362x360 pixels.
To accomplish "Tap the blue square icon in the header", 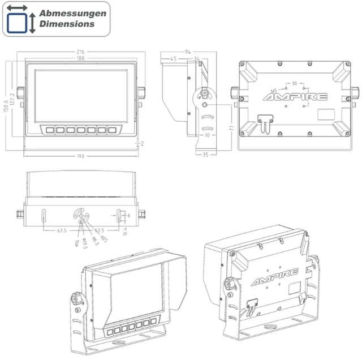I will tap(17, 23).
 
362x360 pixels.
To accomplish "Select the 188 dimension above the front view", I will tap(81, 58).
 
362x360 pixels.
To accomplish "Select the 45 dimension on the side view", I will tap(173, 59).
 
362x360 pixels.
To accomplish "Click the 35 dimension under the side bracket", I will tap(205, 154).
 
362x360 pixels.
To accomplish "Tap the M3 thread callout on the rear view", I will tap(274, 90).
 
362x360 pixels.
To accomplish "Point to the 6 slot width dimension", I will tap(128, 216).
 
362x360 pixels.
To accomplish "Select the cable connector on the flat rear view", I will tap(264, 121).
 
